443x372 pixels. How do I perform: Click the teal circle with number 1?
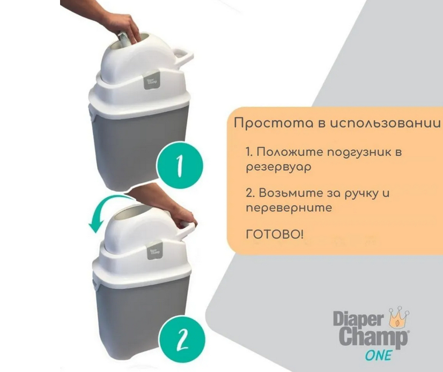[180, 166]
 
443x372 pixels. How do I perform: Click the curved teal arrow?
[107, 210]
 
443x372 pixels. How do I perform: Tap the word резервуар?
[278, 167]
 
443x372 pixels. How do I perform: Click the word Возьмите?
[291, 193]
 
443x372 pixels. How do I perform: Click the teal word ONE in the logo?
[379, 355]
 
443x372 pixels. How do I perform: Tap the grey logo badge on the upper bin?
[152, 80]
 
